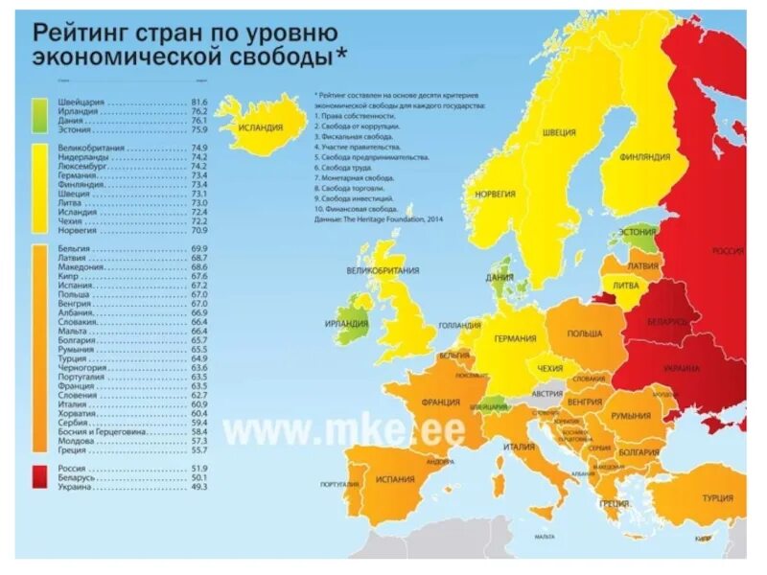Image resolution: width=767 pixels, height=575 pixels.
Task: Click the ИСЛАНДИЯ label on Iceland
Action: point(262,126)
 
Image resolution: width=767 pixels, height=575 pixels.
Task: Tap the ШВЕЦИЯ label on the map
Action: point(559,132)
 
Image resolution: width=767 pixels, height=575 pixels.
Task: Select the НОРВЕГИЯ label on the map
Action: point(495,194)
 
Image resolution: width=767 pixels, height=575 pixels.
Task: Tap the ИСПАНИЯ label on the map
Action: point(395,479)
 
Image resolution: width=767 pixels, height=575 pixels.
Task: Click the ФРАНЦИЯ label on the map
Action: point(438,403)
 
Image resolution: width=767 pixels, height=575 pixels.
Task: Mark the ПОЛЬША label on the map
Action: point(585,333)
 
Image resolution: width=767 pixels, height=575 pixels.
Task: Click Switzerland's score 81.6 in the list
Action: point(199,101)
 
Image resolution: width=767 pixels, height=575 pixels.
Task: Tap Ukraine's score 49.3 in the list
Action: point(199,487)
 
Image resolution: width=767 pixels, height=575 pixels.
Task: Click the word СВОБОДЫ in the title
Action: point(275,57)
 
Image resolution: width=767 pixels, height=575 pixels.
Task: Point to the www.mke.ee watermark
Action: point(345,428)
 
